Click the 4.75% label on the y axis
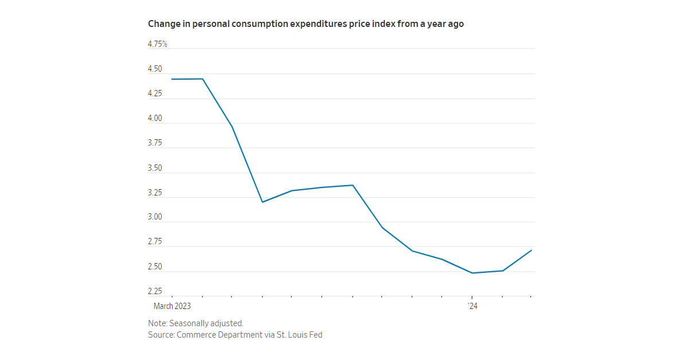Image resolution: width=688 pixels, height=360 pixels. point(158,44)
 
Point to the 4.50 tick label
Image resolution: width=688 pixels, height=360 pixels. point(155,69)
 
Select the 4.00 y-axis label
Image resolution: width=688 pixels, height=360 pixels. point(155,119)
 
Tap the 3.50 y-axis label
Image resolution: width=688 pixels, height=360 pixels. point(155,169)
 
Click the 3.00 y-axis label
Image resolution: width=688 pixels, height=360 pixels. point(155,217)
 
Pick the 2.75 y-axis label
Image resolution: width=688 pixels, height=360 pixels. point(155,242)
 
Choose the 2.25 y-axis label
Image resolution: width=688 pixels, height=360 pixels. point(155,291)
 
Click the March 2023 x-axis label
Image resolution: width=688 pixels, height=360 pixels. point(172,307)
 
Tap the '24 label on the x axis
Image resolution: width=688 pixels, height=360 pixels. point(472,307)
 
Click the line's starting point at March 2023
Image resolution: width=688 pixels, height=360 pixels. point(173,79)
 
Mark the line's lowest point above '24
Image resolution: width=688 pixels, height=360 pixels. point(472,273)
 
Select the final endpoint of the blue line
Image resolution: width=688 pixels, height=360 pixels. point(531,250)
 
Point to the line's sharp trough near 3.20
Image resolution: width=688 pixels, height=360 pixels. point(262,202)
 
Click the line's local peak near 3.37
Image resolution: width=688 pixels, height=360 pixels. point(353,185)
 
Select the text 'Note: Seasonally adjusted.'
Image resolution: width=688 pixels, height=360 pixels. point(196,323)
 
